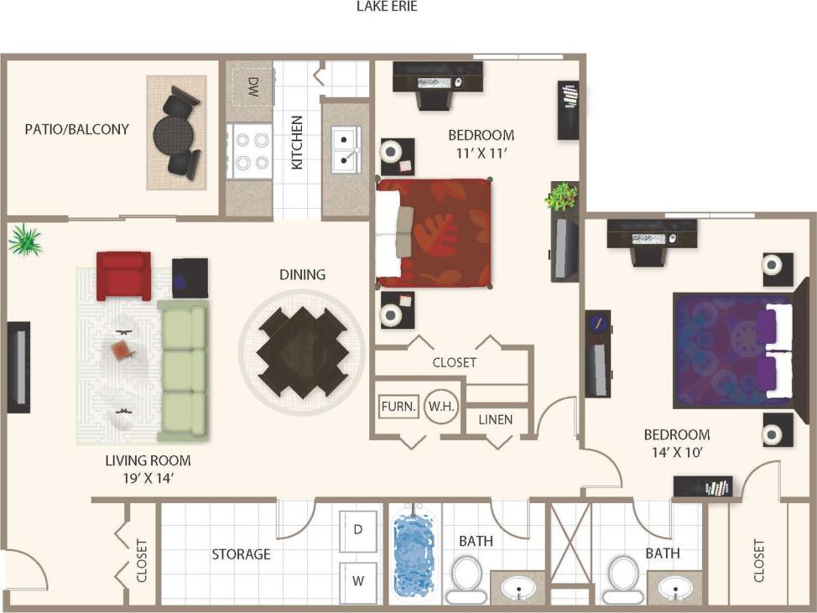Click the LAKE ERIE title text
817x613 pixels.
387,7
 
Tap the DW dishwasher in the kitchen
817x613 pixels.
252,86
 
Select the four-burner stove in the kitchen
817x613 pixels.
250,151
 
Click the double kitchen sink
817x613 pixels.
345,148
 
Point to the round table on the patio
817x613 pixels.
173,132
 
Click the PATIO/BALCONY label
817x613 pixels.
77,129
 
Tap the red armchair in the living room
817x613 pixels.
123,275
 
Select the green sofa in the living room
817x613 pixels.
183,369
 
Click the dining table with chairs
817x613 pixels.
301,351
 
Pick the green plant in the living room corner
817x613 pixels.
25,241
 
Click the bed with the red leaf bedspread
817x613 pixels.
435,232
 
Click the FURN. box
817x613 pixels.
398,407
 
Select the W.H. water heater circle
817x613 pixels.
440,407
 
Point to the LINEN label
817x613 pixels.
496,419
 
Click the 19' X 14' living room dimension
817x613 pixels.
148,479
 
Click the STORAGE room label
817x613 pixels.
241,554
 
